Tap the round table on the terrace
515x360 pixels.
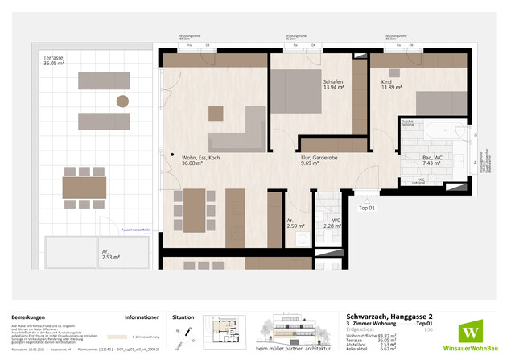pyautogui.click(x=122, y=101)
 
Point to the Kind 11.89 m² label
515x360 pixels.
pyautogui.click(x=382, y=85)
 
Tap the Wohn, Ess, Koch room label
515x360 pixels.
pyautogui.click(x=201, y=160)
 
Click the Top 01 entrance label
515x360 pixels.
pyautogui.click(x=367, y=207)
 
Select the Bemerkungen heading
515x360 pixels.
pyautogui.click(x=30, y=317)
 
